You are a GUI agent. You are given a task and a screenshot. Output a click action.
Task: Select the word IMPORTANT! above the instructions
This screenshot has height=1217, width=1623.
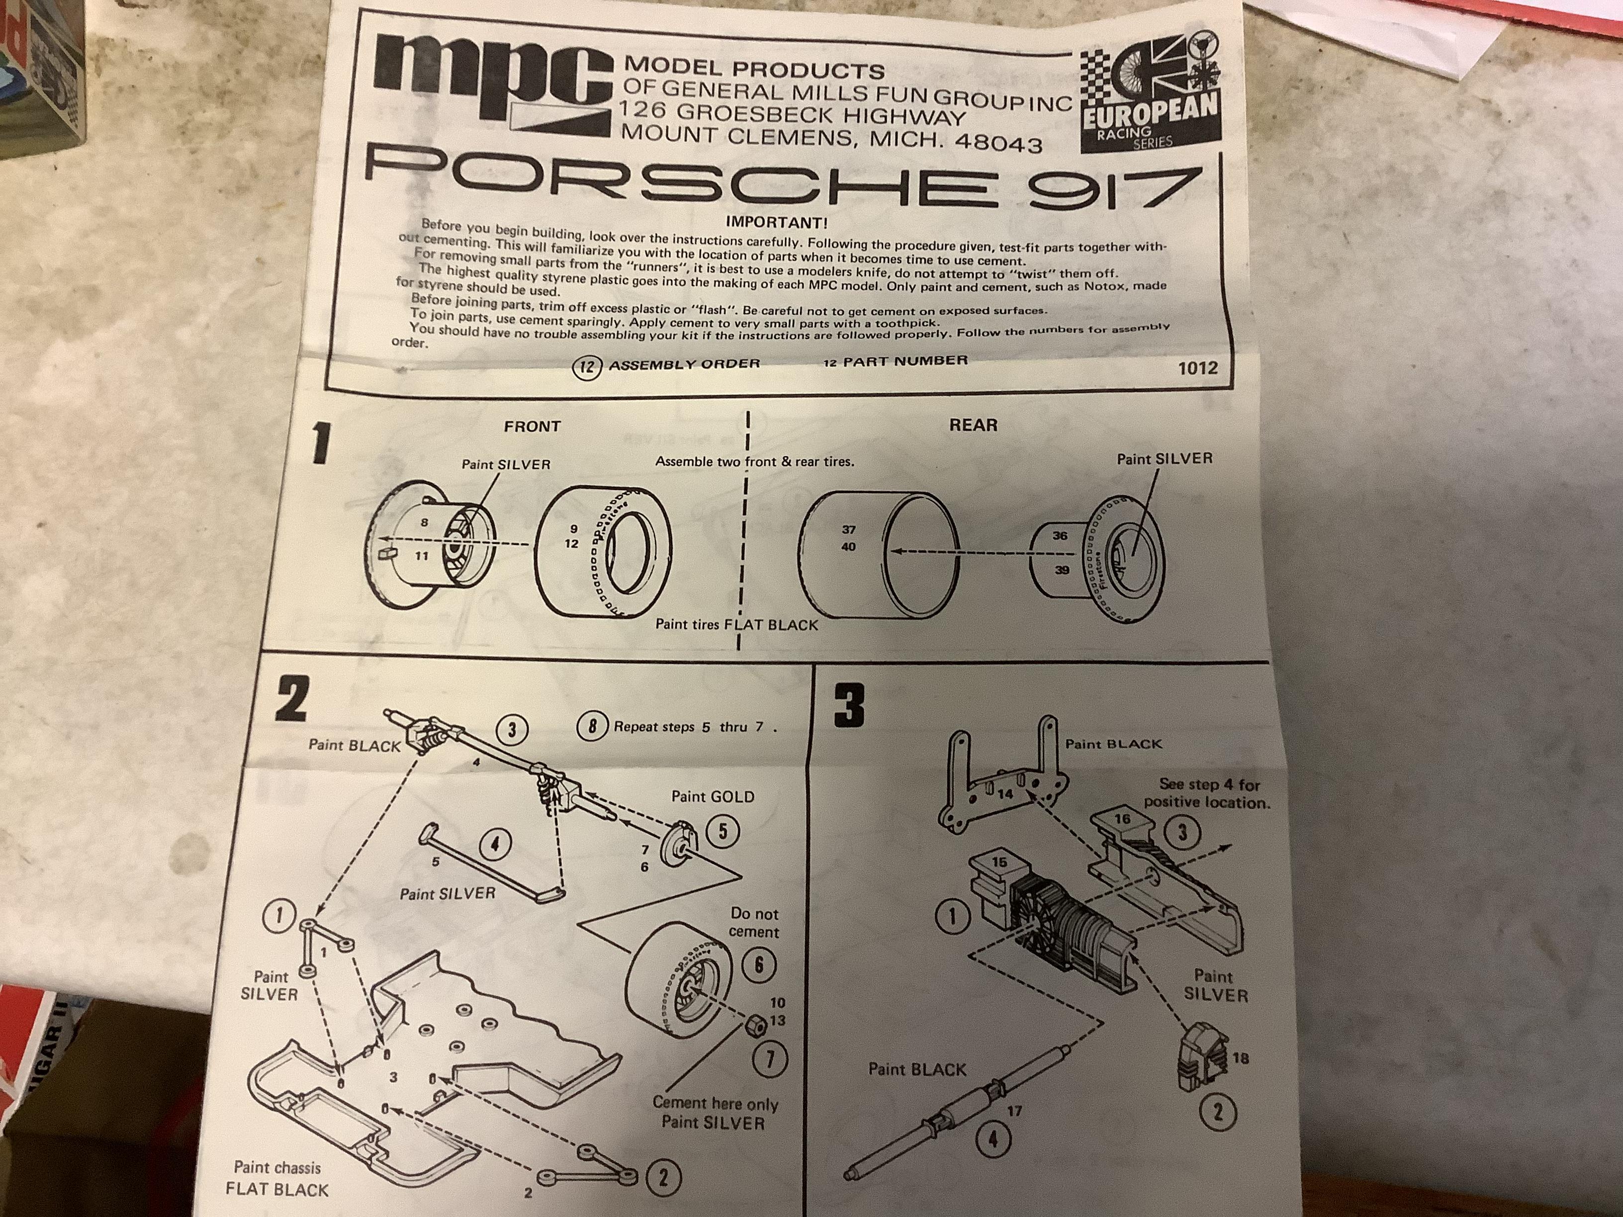pos(776,222)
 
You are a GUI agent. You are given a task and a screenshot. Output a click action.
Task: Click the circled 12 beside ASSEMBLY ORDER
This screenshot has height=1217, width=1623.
pos(586,366)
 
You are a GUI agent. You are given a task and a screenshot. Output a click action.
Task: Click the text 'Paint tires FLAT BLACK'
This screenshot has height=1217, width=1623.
pos(736,625)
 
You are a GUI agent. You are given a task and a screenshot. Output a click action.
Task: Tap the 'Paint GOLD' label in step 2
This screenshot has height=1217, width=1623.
pos(713,796)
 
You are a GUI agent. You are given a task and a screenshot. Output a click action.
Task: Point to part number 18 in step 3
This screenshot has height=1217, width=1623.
pos(1241,1058)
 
